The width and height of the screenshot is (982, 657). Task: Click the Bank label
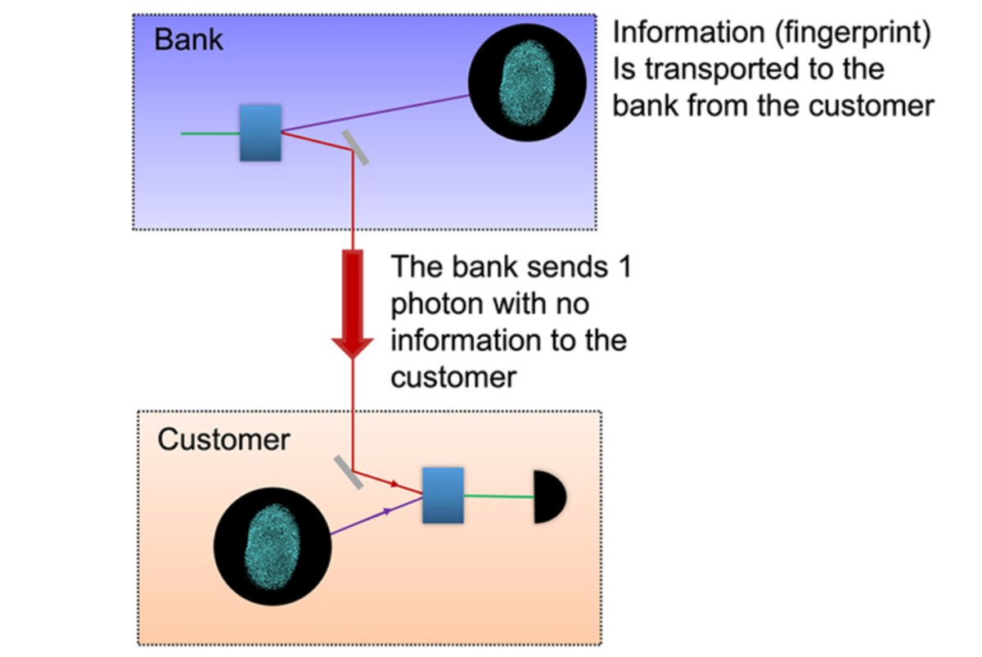click(188, 40)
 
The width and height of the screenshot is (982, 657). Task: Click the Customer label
click(223, 439)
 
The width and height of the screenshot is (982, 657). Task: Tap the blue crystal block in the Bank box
click(260, 133)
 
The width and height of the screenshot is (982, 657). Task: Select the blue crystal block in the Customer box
click(443, 495)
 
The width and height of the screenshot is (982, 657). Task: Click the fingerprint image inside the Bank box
click(527, 83)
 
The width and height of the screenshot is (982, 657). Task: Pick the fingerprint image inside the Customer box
click(273, 547)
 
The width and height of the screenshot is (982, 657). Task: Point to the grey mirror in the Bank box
click(355, 148)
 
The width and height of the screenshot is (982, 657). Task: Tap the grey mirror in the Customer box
click(349, 472)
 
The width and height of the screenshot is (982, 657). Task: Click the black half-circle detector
click(550, 497)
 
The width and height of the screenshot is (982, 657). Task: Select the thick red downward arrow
click(353, 304)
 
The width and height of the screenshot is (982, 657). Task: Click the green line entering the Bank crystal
click(210, 133)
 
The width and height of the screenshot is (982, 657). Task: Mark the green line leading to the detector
click(499, 496)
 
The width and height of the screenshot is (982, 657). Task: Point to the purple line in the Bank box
click(376, 113)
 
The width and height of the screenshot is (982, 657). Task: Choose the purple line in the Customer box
click(376, 515)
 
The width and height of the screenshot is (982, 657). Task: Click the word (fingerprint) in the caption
click(853, 33)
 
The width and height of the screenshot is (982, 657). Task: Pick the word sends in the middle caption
click(567, 267)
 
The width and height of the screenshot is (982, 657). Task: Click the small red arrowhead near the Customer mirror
click(394, 484)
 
